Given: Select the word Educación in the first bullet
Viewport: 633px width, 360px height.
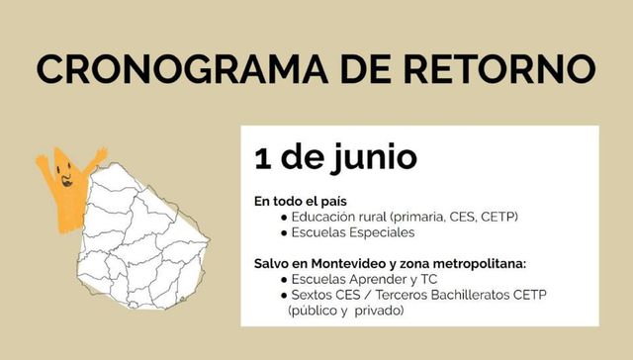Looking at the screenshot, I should click(x=324, y=217).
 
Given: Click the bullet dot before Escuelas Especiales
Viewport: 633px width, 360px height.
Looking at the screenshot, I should click(x=285, y=233).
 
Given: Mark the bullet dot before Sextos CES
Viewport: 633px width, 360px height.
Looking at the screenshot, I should click(x=285, y=296).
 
